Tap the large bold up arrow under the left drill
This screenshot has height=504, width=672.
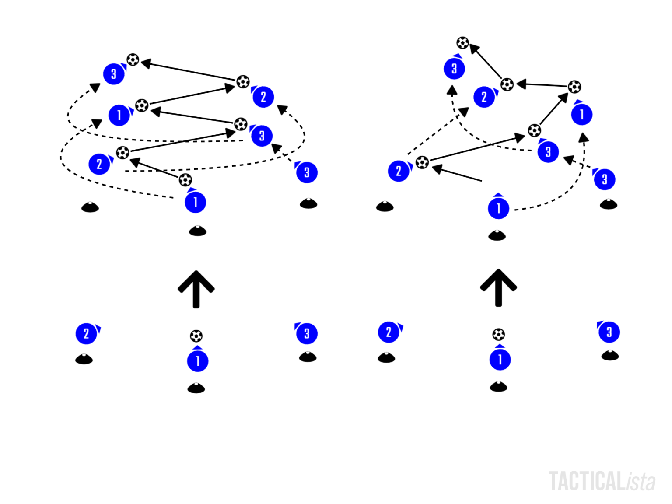coord(196,289)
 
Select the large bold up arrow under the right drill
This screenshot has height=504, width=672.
coord(498,287)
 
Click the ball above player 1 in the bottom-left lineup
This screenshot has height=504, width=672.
coord(196,336)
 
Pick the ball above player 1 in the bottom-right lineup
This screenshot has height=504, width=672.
coord(498,335)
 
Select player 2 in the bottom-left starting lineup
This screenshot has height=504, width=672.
coord(86,333)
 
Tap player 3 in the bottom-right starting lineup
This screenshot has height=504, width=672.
coord(609,332)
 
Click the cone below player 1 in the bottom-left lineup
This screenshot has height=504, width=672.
coord(196,388)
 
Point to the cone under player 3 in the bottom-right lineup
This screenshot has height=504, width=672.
coord(610,355)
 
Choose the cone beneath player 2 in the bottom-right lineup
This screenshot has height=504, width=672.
coord(386,357)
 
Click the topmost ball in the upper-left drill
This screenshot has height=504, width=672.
coord(133,59)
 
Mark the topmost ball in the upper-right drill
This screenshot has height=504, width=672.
coord(462,43)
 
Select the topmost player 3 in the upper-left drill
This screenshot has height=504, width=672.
coord(114,74)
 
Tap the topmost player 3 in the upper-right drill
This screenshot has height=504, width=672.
coord(454,68)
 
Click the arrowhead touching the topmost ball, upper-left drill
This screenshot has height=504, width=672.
coord(146,63)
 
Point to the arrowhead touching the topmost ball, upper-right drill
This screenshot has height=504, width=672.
coord(474,49)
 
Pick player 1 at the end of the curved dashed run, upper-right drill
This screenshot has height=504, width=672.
coord(582,114)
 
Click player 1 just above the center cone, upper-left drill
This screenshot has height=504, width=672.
coord(195,202)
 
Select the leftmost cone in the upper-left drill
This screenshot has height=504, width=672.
coord(90,207)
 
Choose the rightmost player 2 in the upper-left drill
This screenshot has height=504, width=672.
coord(263,97)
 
